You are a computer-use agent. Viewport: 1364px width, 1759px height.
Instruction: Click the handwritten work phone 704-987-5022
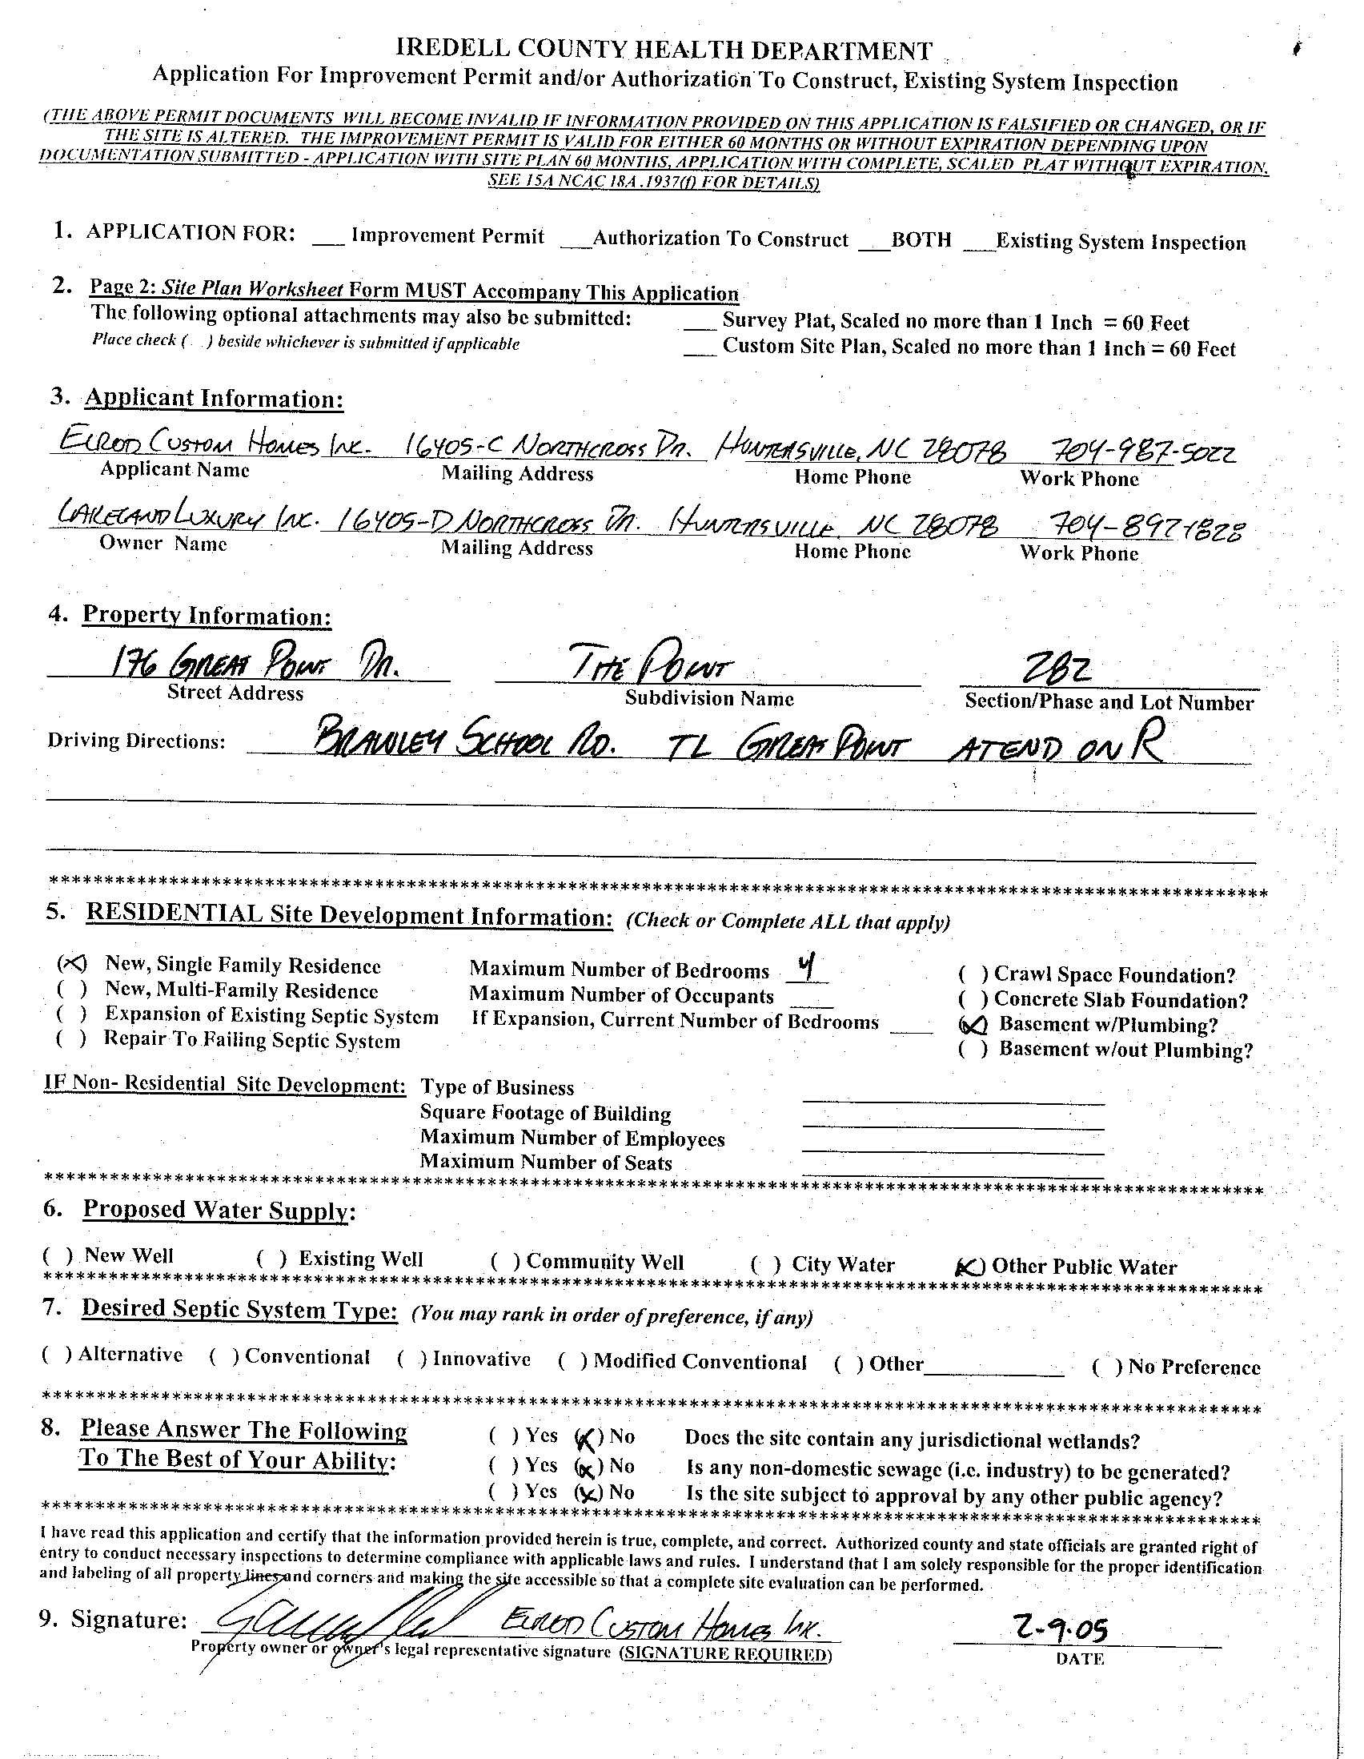1142,452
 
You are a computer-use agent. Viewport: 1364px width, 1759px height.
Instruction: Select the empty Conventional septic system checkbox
224,1357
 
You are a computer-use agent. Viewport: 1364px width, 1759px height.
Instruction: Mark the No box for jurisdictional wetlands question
587,1438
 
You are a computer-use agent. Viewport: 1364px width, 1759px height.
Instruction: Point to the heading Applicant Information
215,399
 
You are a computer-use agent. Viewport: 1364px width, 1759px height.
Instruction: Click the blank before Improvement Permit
327,239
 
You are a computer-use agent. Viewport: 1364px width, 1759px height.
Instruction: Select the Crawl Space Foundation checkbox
973,975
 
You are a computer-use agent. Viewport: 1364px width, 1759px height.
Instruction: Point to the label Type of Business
497,1087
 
